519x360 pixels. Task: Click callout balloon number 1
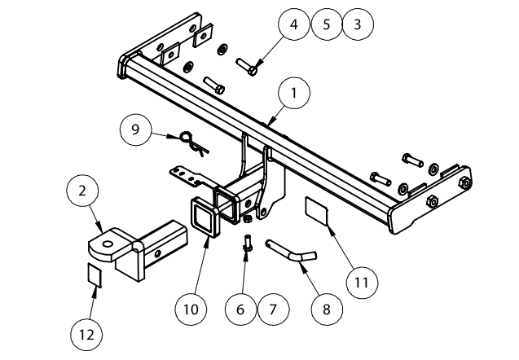[x=293, y=94]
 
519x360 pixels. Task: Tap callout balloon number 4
[x=294, y=24]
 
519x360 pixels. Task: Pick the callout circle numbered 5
[x=326, y=24]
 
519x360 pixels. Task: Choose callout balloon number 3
[x=357, y=24]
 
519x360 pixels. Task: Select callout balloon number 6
[x=240, y=310]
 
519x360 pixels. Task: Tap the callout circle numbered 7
[x=273, y=310]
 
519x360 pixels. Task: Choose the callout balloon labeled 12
[x=92, y=333]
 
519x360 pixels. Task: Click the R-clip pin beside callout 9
[x=194, y=143]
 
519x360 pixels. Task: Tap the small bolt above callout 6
[x=248, y=242]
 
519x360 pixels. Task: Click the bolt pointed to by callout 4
[x=248, y=65]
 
